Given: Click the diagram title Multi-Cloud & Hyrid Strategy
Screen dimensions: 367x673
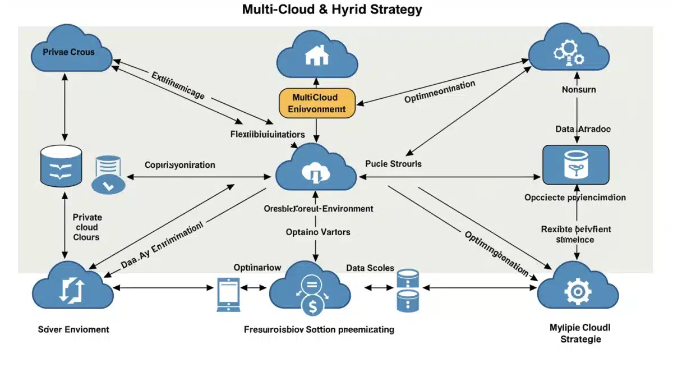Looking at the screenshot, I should pos(332,10).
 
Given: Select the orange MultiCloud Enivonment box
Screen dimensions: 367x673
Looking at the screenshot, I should pos(317,103).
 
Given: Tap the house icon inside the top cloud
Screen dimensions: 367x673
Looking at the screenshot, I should pos(317,55).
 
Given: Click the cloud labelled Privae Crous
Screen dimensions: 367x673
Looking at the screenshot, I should pos(68,51).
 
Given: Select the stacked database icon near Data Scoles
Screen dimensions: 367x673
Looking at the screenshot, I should pos(408,290).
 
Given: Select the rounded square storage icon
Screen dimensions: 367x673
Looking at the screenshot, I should pos(575,164).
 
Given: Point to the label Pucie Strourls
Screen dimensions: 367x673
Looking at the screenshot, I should pos(393,164).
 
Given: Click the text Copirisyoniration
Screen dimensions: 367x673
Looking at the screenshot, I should pos(179,165).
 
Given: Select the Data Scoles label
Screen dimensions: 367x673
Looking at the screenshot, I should pos(370,268).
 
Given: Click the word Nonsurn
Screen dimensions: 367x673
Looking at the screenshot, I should pos(579,89).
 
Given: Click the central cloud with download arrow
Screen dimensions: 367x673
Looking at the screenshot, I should pos(316,169).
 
